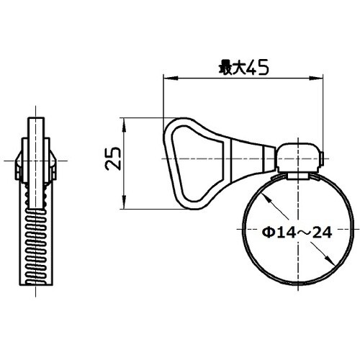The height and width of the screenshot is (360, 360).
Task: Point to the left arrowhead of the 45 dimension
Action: click(168, 76)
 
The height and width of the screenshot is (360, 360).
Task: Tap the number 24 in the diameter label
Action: click(305, 233)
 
